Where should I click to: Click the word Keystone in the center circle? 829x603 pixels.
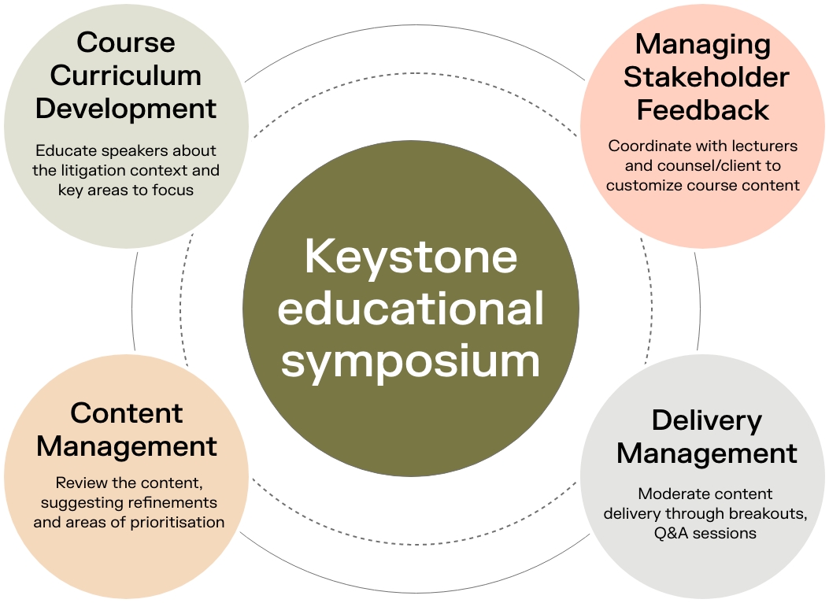coord(411,257)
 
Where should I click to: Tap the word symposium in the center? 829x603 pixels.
coord(411,361)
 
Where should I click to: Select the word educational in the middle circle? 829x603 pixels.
coord(411,309)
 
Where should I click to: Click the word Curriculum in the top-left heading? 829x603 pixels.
coord(126,76)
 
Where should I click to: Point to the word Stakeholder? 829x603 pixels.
coord(706,77)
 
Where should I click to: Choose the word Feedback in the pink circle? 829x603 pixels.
coord(703,110)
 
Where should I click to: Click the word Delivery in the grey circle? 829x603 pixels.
coord(706,420)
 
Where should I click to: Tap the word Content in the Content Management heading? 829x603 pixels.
coord(126,412)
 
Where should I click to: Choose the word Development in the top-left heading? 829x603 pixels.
coord(126,109)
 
